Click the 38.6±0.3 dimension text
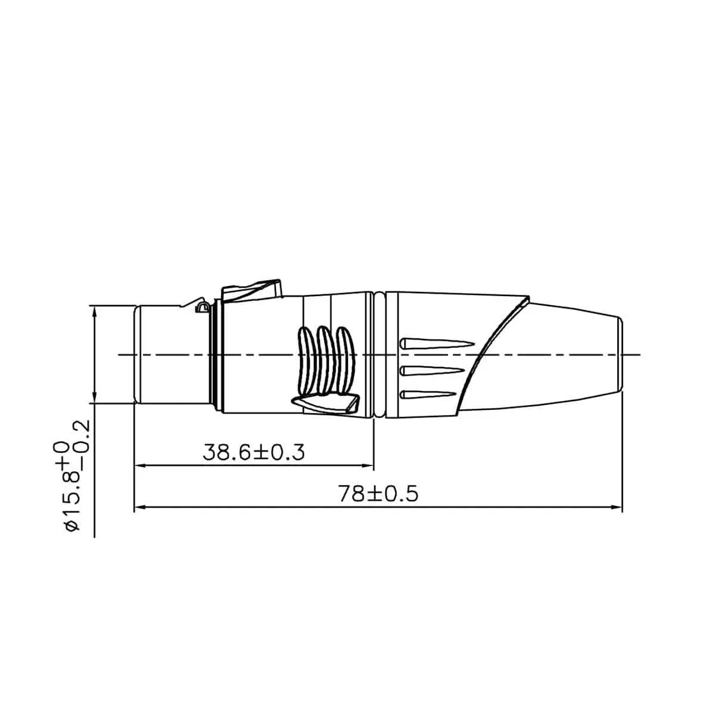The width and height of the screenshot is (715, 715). (x=254, y=452)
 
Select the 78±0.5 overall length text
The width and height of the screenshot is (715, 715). (x=378, y=494)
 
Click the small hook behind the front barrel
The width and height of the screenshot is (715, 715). (x=202, y=307)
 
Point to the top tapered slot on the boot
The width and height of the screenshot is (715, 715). (x=435, y=344)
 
